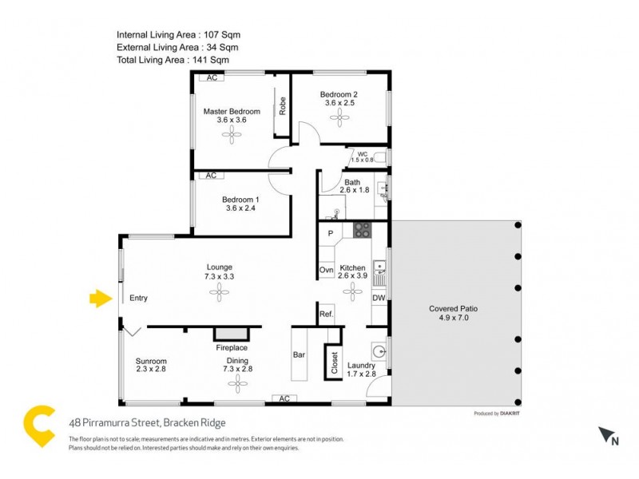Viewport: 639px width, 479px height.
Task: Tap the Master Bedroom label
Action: point(232,112)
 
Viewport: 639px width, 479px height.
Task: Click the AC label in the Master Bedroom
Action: point(212,78)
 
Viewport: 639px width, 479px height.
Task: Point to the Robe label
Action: point(283,106)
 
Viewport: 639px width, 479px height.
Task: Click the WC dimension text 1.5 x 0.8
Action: point(363,160)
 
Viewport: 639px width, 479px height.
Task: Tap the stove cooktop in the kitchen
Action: point(363,231)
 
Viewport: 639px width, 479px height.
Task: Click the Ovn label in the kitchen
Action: point(326,271)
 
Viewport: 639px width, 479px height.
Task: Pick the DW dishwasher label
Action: point(379,298)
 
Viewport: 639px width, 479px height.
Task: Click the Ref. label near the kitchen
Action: point(326,314)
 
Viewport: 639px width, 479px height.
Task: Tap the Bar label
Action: point(300,354)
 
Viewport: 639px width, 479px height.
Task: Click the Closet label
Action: point(334,363)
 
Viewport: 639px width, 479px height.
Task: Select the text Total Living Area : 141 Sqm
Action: point(173,60)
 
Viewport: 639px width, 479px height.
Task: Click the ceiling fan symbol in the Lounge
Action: point(220,294)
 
